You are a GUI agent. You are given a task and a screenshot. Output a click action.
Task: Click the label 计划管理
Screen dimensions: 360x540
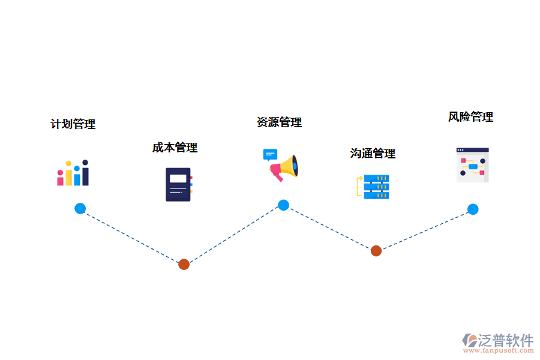73,124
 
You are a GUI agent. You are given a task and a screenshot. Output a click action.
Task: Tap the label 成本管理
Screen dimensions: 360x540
175,148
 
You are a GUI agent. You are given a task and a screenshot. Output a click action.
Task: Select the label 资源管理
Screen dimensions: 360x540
279,122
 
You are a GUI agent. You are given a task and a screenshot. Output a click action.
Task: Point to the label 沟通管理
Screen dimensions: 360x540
373,154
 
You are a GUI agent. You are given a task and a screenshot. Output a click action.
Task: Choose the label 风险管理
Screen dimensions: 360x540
470,117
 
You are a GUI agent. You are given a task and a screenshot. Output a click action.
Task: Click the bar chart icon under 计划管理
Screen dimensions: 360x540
73,173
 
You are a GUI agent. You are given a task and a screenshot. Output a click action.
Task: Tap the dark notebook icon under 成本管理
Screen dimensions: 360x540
178,184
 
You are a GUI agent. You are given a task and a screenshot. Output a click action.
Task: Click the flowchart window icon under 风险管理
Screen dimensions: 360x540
472,165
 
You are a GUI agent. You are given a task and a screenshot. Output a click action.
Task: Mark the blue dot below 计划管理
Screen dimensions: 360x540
80,208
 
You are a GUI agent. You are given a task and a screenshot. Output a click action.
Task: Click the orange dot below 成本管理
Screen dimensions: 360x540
184,264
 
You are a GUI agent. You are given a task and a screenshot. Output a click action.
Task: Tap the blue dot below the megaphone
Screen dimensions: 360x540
283,205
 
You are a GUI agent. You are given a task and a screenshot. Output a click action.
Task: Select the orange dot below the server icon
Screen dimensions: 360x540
376,251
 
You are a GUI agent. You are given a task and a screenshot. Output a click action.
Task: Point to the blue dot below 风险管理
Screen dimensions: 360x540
473,209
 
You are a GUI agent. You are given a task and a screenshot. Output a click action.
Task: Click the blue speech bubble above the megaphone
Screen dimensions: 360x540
271,154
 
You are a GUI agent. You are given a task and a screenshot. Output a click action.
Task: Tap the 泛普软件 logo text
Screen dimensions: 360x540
506,340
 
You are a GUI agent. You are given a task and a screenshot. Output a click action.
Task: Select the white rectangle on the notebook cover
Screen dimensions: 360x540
178,178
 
